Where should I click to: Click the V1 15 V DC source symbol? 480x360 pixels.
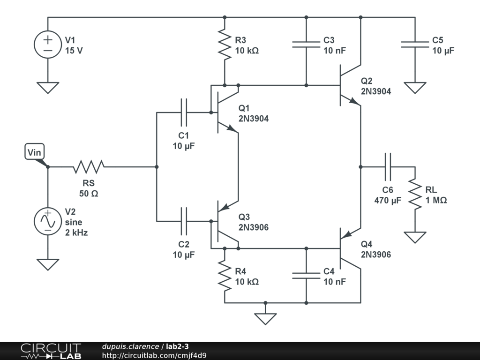click(48, 45)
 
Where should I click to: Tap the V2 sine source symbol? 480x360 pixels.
click(48, 221)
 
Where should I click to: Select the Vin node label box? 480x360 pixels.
click(35, 152)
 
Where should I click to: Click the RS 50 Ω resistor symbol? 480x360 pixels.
click(89, 167)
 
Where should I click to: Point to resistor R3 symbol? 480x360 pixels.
click(225, 45)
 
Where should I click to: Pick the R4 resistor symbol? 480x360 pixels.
click(225, 276)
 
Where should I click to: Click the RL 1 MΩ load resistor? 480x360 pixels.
click(415, 194)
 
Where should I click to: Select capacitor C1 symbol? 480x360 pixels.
click(183, 112)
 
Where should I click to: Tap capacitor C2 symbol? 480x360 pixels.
click(183, 221)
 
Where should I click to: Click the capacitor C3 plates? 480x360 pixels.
click(306, 45)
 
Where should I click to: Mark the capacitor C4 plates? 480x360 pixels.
click(306, 276)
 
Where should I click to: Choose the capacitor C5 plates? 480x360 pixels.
click(415, 45)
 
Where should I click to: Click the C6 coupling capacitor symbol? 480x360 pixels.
click(388, 167)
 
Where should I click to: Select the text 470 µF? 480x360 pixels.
click(388, 200)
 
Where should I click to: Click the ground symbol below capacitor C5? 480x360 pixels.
click(415, 88)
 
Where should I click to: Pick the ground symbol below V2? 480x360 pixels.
click(48, 265)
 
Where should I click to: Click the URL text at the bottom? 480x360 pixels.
click(154, 355)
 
